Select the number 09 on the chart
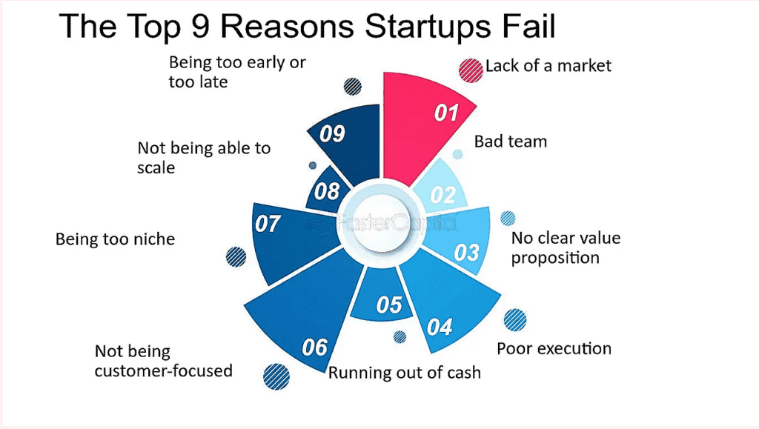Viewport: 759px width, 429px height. click(x=333, y=134)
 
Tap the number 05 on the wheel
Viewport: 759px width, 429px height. click(x=389, y=305)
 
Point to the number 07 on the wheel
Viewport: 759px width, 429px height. click(x=268, y=223)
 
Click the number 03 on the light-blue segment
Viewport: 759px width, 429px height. click(x=467, y=253)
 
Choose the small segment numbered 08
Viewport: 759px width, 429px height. click(x=327, y=191)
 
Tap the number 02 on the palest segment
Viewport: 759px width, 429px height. click(x=443, y=195)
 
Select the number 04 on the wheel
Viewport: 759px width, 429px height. click(x=440, y=327)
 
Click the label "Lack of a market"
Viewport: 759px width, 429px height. click(x=548, y=66)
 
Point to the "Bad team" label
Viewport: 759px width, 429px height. click(x=511, y=141)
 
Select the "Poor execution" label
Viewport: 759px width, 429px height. click(x=554, y=348)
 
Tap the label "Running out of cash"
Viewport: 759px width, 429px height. click(x=405, y=372)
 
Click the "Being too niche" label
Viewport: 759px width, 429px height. click(x=115, y=239)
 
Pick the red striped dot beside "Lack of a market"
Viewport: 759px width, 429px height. click(x=470, y=70)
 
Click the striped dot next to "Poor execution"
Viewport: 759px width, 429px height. click(x=514, y=319)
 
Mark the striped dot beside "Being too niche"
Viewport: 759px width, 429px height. click(x=236, y=256)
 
